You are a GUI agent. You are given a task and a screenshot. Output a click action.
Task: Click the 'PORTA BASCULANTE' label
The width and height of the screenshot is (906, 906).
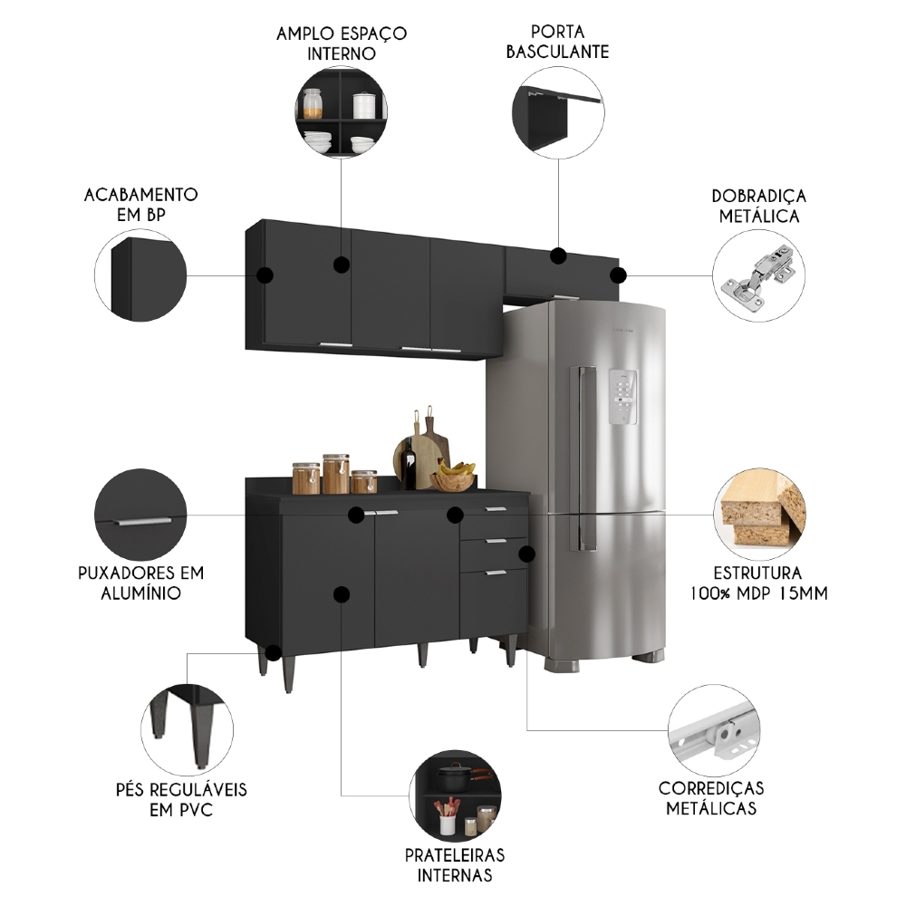[x=557, y=42]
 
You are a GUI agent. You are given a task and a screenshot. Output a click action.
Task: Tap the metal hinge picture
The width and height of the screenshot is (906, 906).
[x=757, y=274]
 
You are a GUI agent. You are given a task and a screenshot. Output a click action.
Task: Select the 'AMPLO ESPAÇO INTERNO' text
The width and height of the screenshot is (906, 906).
[x=342, y=43]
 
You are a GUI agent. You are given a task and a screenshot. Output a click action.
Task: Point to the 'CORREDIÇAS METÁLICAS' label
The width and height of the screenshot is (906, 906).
[x=711, y=797]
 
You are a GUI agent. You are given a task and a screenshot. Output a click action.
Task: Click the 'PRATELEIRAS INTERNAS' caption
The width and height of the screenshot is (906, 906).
[x=455, y=864]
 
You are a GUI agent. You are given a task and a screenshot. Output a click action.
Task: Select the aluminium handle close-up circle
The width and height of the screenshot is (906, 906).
[x=140, y=515]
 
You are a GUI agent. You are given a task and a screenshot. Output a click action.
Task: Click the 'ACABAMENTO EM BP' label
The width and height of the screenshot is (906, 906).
[x=140, y=204]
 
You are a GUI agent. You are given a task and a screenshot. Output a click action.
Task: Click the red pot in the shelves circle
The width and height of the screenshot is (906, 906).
[x=455, y=777]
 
